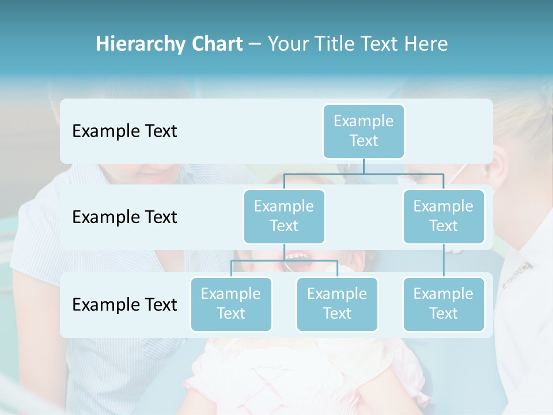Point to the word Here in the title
[426, 44]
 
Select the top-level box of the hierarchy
[363, 131]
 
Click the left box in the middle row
[284, 216]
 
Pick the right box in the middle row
[444, 216]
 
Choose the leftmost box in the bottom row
[231, 304]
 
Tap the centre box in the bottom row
[337, 304]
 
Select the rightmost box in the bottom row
[444, 304]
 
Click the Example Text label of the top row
[124, 131]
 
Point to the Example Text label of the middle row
[124, 217]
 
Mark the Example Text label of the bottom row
[124, 304]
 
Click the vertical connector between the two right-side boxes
[444, 261]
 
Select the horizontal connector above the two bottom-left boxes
[259, 261]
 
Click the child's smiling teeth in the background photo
[297, 255]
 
